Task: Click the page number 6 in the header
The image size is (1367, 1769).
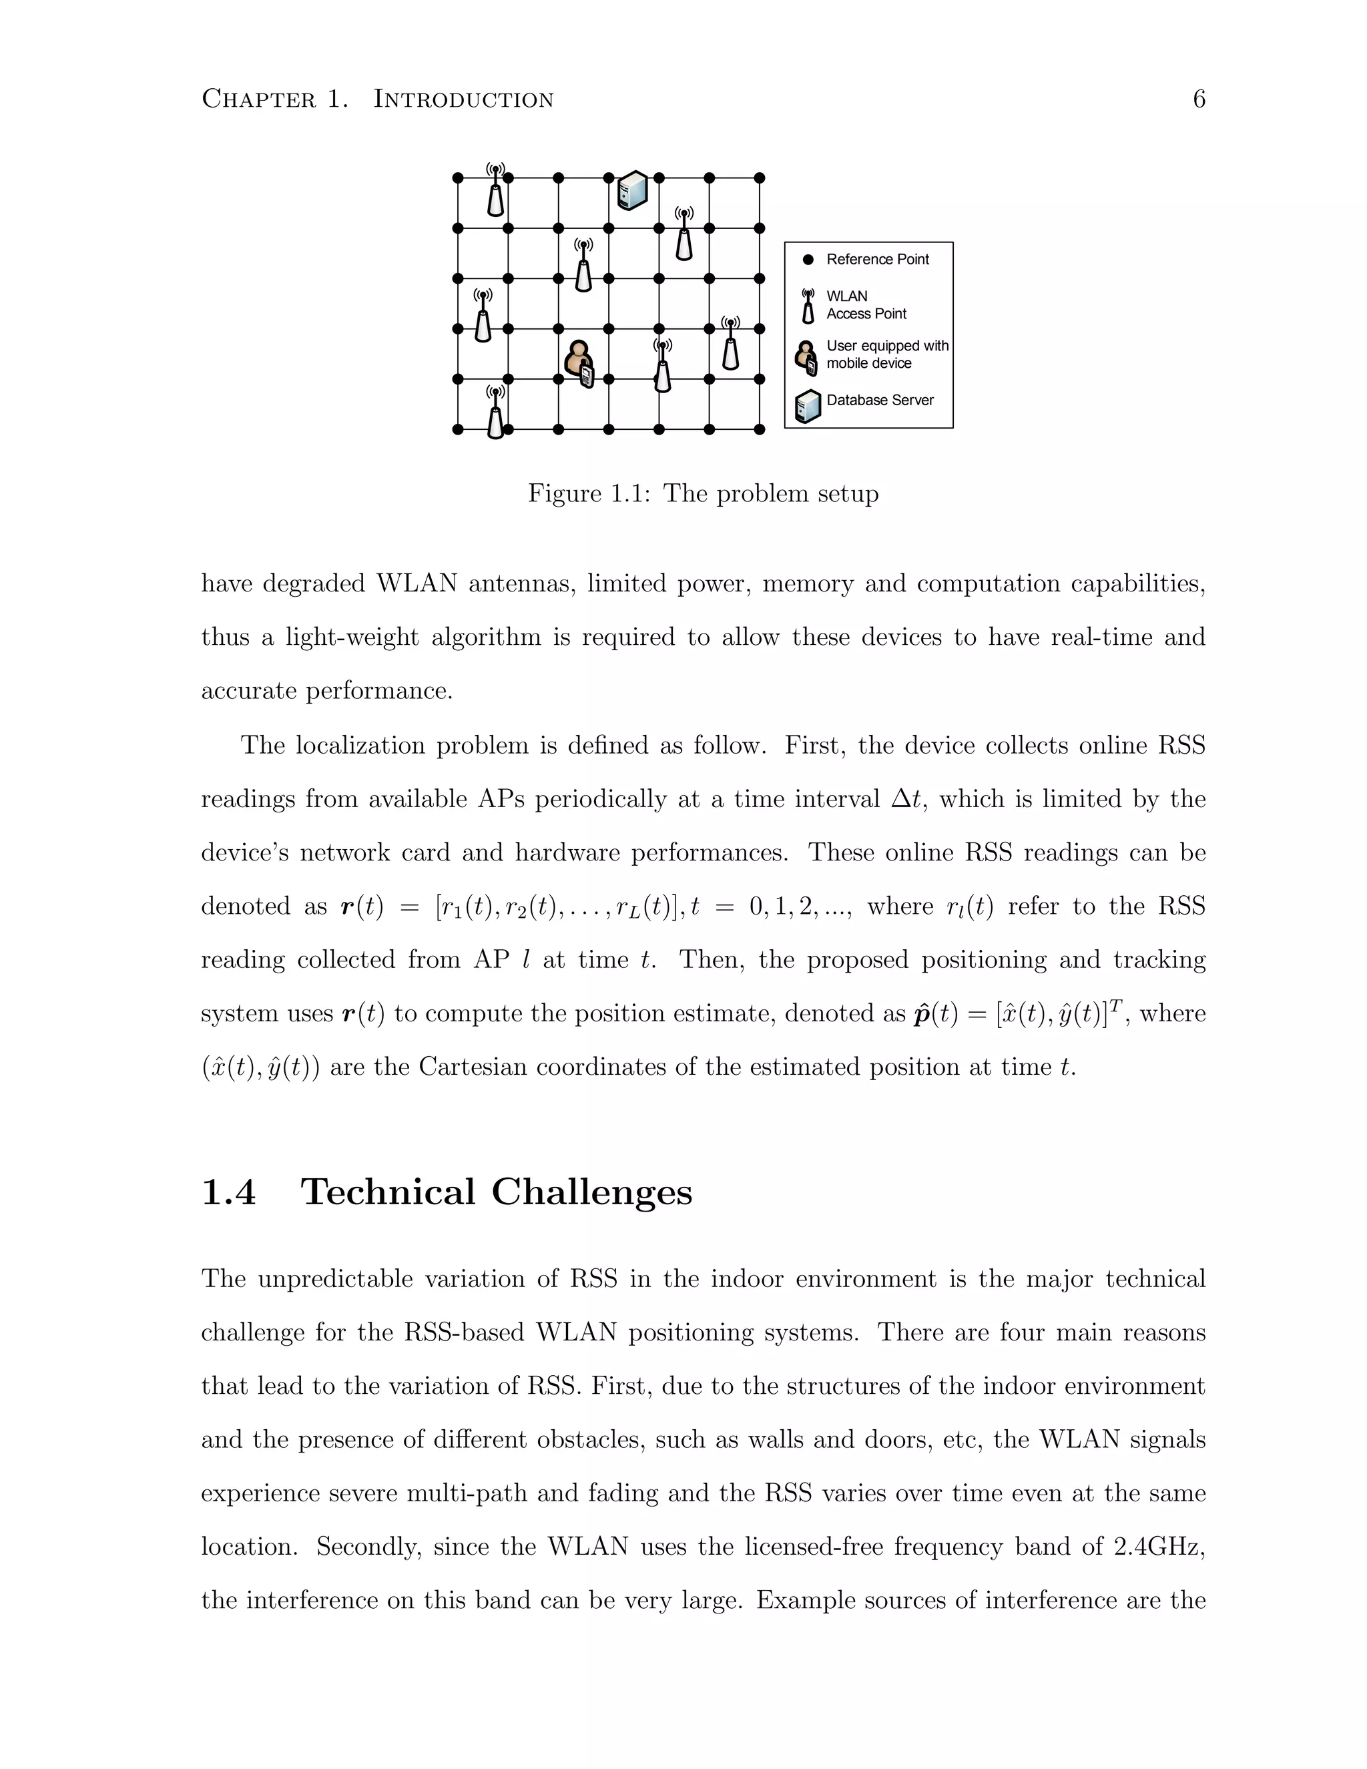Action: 1199,99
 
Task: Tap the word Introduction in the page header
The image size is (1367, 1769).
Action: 463,99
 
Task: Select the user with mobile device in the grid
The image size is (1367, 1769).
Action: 581,364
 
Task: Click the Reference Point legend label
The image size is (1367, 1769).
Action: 877,259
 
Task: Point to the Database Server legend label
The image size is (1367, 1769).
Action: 880,400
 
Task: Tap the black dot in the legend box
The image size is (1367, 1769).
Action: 808,260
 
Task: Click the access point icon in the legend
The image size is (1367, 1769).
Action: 808,305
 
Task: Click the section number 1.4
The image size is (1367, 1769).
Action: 228,1192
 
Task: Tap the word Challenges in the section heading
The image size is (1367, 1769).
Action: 591,1192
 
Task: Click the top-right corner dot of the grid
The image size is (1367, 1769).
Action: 760,178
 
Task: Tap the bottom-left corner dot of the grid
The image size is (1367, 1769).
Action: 457,429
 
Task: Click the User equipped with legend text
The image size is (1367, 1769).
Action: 887,346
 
